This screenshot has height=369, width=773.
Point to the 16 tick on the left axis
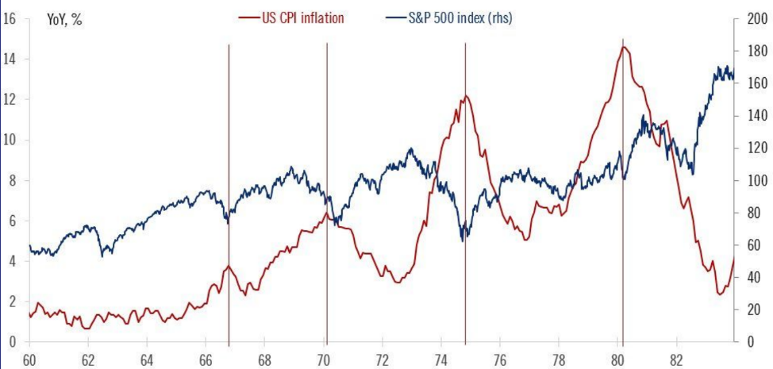[10, 17]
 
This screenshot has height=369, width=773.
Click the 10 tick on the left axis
[10, 140]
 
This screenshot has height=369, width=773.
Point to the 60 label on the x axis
[30, 358]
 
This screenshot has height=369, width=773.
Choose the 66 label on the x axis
[206, 358]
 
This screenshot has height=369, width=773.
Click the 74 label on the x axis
[440, 358]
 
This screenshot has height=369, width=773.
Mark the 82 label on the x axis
[675, 358]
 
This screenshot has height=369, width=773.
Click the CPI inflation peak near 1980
[625, 48]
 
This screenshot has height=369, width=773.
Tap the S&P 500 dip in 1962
[103, 254]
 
